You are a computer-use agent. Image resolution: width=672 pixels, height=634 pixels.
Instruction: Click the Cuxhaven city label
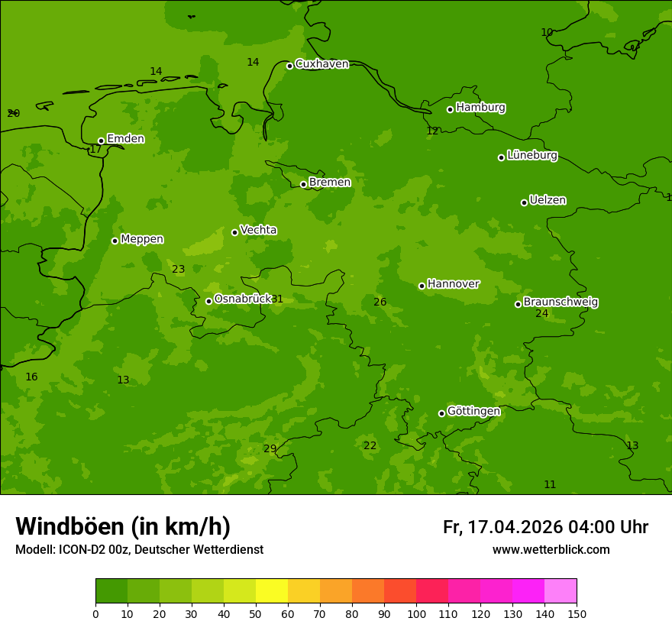(x=321, y=64)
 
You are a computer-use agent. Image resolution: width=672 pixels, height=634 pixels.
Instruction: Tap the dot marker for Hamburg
(x=450, y=109)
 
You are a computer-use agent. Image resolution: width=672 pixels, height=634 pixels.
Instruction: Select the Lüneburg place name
(x=531, y=155)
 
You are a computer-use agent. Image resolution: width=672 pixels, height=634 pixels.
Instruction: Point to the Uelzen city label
(x=548, y=200)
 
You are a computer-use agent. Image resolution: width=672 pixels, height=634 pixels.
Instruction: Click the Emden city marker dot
(x=101, y=141)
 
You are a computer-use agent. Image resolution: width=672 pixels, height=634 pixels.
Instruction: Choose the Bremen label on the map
(x=329, y=183)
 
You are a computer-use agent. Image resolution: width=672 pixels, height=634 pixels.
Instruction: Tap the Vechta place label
(x=258, y=230)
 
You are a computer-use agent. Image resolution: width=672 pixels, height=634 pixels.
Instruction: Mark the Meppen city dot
(x=115, y=241)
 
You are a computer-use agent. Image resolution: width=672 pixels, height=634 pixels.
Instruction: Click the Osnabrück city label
(x=242, y=299)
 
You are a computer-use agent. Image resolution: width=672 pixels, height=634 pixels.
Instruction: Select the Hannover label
(x=453, y=284)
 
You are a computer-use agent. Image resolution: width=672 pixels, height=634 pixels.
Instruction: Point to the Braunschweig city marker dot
(x=518, y=304)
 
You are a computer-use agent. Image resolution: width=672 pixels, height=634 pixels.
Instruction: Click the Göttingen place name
(x=473, y=411)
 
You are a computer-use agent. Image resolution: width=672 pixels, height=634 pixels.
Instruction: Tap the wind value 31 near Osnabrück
(x=277, y=299)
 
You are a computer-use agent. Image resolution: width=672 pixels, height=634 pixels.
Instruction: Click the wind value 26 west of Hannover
(x=380, y=302)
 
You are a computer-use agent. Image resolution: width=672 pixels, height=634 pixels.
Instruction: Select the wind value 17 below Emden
(x=95, y=150)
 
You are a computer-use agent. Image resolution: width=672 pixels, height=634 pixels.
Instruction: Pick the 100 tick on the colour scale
(x=416, y=613)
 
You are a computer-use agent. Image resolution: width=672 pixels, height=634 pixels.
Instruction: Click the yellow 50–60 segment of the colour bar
(x=272, y=591)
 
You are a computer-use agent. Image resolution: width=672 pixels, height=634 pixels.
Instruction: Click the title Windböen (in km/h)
(x=123, y=526)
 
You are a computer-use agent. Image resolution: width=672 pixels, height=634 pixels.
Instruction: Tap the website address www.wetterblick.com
(x=551, y=550)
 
